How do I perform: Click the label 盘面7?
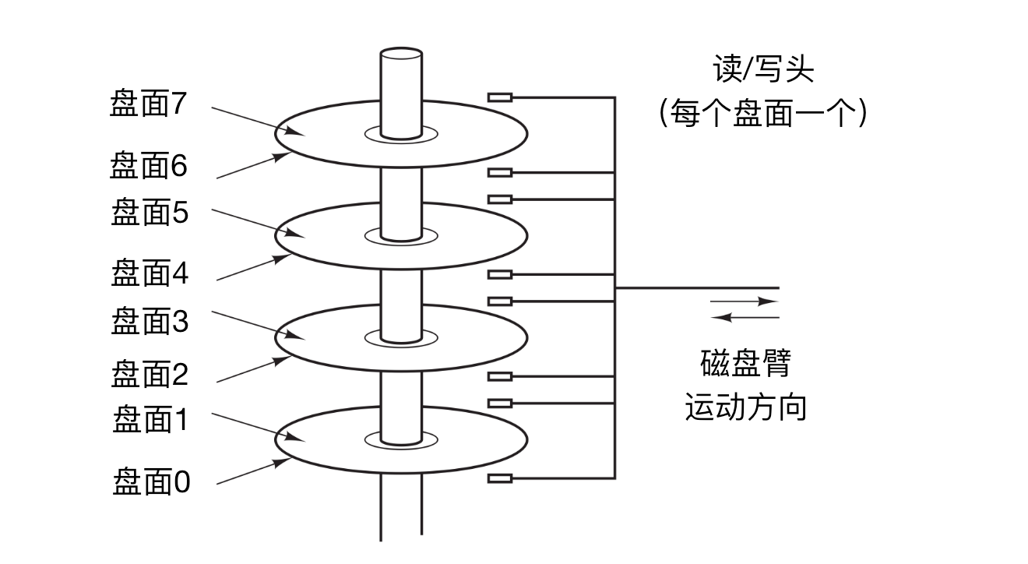point(149,104)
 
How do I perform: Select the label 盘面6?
point(149,165)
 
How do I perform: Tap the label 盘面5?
point(150,212)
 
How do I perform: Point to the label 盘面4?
point(150,273)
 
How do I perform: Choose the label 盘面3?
point(150,320)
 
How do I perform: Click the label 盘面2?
point(150,375)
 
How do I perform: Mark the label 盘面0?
point(151,482)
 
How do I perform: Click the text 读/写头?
point(763,70)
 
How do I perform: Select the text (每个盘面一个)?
point(762,115)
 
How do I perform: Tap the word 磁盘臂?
point(745,364)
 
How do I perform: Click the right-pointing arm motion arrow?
point(744,301)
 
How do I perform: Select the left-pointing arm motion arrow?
point(745,317)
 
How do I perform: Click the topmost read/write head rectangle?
point(499,97)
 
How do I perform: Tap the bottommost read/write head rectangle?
point(499,478)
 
